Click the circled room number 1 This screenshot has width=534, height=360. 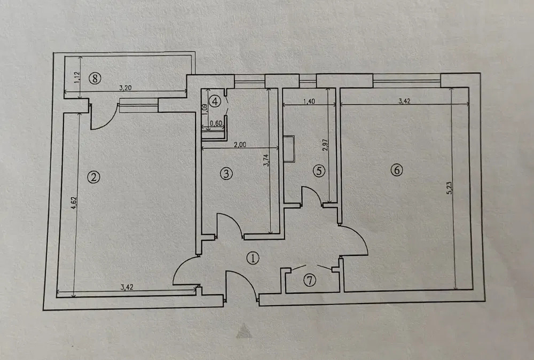[253, 259]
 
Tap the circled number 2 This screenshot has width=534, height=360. [93, 177]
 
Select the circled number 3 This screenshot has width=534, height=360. [226, 174]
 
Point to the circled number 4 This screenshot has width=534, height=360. [215, 101]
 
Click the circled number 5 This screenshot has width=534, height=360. [319, 170]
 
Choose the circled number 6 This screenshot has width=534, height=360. [397, 170]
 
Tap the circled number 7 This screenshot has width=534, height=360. [310, 280]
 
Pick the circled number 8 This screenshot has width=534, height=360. [95, 79]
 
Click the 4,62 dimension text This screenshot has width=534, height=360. [75, 202]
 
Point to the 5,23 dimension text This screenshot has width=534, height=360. [449, 187]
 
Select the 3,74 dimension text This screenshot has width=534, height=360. [266, 160]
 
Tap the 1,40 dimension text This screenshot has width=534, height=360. [309, 101]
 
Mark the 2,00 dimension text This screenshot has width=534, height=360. [240, 144]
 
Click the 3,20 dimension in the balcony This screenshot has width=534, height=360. [125, 88]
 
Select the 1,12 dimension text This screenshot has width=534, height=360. [76, 77]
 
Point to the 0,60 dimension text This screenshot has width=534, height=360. [216, 123]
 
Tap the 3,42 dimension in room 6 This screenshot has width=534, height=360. [404, 101]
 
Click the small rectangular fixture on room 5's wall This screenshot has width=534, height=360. [289, 148]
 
